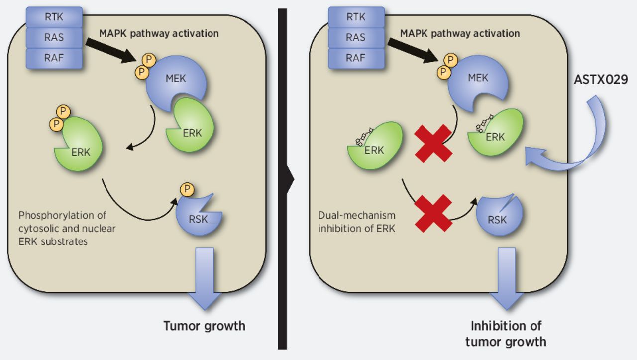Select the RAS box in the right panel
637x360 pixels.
355,37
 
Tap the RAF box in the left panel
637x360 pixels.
54,58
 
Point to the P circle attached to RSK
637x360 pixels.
187,189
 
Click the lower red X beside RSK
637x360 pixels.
433,213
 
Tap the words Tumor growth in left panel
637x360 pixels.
204,326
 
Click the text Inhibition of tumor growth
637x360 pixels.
505,334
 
